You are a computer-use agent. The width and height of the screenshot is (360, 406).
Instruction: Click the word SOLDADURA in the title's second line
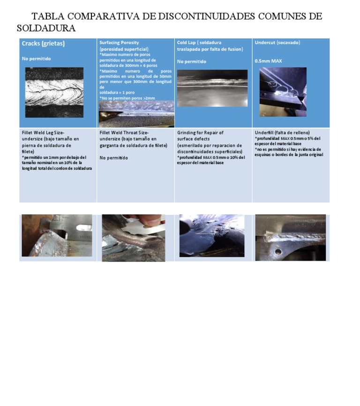46,28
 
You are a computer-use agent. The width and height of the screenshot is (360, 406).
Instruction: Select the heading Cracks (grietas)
43,44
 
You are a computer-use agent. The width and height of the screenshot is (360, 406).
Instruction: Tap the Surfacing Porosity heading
119,43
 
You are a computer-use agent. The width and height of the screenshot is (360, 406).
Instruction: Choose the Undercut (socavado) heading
277,43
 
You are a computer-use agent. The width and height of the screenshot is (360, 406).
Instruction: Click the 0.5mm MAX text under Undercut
268,61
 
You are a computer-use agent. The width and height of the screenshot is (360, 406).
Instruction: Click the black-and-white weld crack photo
54,92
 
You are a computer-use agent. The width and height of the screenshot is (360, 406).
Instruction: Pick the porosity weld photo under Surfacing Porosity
136,114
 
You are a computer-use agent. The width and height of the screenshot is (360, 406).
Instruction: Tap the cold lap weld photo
212,88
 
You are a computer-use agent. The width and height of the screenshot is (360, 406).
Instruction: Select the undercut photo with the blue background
283,92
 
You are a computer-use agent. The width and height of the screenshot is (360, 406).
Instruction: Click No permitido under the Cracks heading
36,59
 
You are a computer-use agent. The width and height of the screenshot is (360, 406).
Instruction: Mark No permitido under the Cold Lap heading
191,61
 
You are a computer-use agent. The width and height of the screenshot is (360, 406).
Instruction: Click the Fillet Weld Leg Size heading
43,133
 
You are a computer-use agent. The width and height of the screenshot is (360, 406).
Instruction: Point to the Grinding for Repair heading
200,133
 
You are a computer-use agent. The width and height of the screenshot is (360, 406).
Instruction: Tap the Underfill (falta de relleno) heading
282,133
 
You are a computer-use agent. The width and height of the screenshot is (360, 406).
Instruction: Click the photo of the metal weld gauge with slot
57,235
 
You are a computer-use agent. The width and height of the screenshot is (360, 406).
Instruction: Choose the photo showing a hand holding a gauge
133,238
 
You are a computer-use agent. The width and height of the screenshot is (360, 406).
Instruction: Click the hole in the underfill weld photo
278,252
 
